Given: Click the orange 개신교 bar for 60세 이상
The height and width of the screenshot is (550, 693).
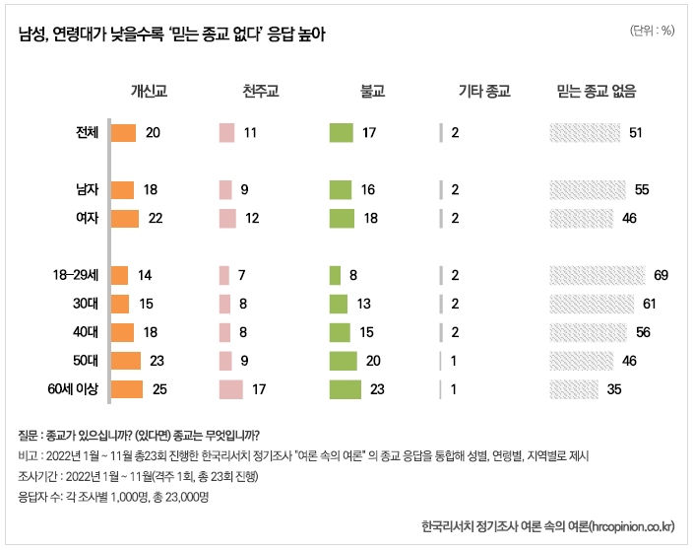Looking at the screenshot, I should (x=127, y=389).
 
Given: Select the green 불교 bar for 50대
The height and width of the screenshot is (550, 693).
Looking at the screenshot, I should (x=343, y=361).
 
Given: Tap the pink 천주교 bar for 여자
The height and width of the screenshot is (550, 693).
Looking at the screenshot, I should (x=227, y=218).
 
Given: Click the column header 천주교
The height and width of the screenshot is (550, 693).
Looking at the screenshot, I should (x=261, y=92).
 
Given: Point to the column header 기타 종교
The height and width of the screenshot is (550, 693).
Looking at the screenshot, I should (x=484, y=92).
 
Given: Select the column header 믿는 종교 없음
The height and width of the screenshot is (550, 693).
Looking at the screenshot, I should (x=597, y=92).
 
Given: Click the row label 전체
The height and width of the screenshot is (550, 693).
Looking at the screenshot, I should (x=88, y=133).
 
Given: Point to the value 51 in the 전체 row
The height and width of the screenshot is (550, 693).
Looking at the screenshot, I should (x=635, y=133).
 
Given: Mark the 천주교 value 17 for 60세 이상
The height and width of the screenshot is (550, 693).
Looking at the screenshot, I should (x=260, y=389).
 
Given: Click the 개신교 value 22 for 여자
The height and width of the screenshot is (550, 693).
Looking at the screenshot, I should (x=155, y=218).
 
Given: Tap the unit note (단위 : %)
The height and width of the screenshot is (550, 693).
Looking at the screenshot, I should (x=652, y=31).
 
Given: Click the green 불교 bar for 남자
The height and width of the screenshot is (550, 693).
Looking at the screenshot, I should (x=340, y=189).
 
